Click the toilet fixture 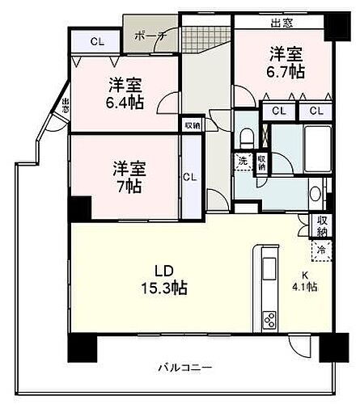point(247,133)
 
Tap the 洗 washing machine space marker point(242,160)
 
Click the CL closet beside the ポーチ point(96,42)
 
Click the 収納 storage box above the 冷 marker point(322,224)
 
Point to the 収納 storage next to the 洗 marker point(262,160)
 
